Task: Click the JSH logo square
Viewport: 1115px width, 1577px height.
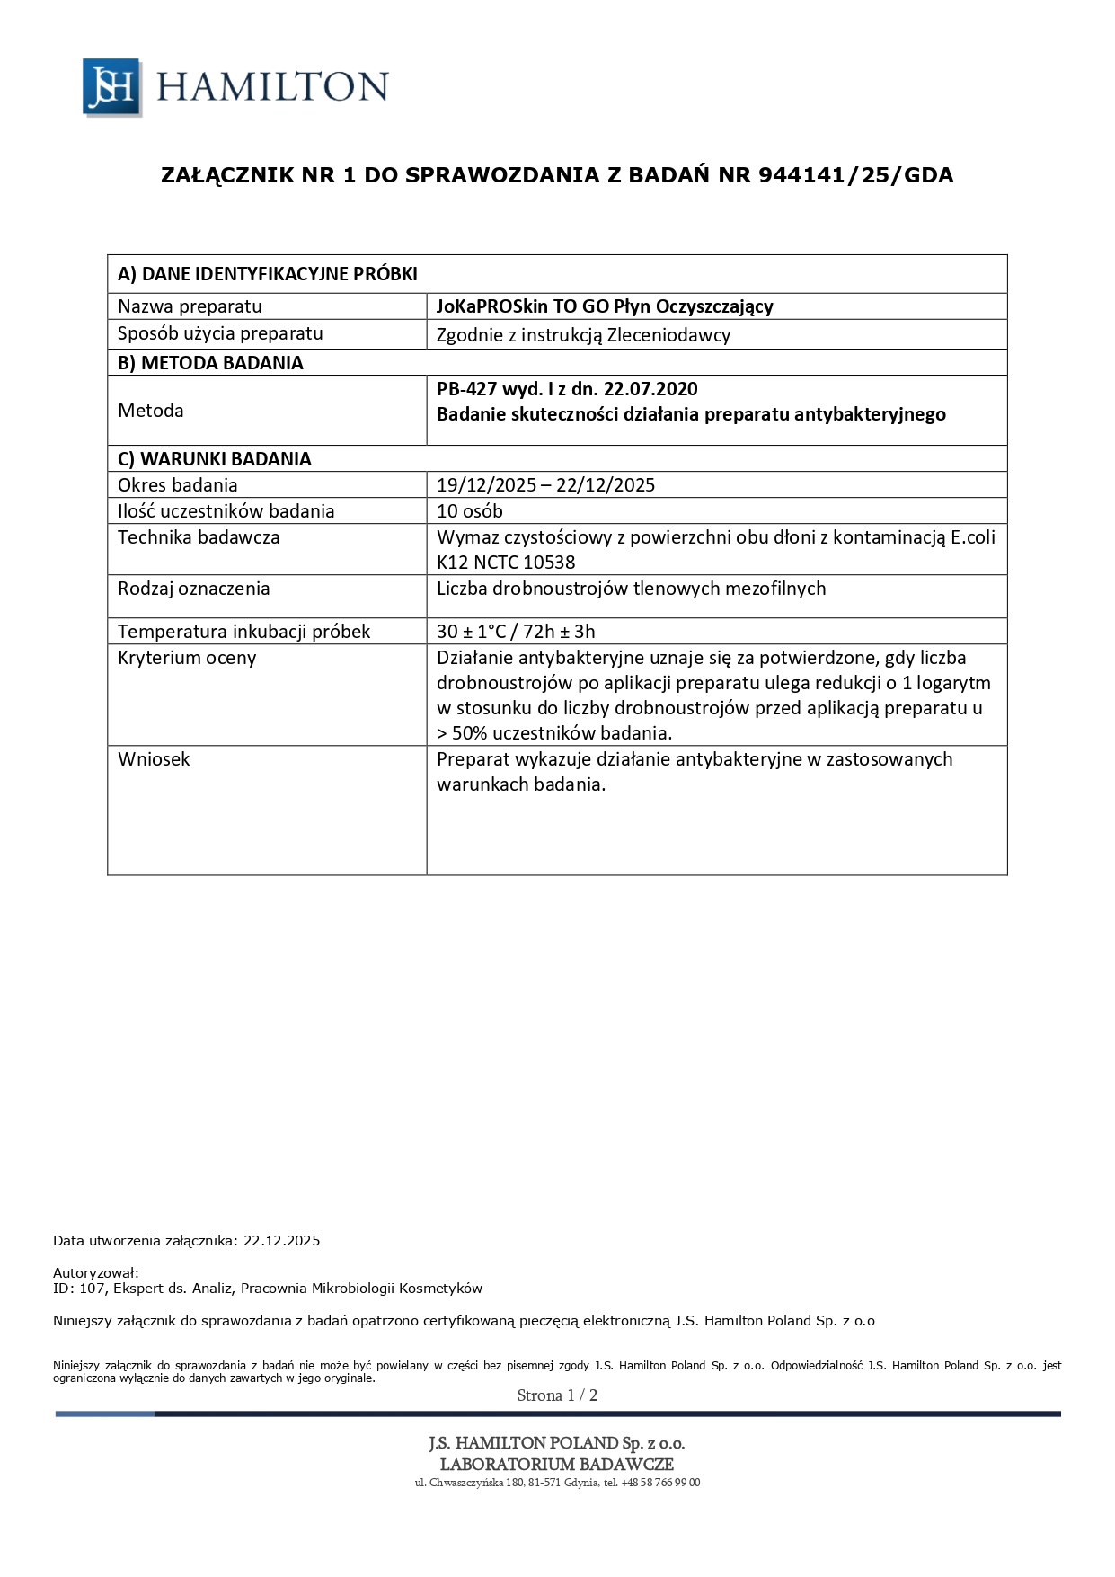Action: click(111, 87)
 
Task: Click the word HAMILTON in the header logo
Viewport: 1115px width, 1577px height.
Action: click(272, 87)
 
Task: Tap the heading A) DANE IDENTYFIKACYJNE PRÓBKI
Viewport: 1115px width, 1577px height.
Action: click(268, 274)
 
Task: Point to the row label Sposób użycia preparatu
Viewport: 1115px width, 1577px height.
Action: click(220, 333)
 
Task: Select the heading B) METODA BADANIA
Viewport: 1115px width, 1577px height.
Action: click(210, 363)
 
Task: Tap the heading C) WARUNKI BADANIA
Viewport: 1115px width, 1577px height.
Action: click(215, 459)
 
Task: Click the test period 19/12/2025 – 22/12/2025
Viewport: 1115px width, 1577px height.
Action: click(545, 485)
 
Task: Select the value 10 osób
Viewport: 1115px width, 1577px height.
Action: click(470, 511)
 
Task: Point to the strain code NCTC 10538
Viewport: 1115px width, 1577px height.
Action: click(525, 563)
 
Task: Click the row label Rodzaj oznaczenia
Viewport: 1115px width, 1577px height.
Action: click(194, 589)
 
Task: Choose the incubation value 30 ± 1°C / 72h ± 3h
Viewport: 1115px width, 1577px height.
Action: click(516, 632)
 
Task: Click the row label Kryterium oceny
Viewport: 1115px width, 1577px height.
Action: click(187, 658)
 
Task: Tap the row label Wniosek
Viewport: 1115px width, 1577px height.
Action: click(154, 759)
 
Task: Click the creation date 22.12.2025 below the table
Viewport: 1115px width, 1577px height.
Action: click(281, 1241)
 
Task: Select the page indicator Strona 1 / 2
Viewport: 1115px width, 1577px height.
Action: click(557, 1395)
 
